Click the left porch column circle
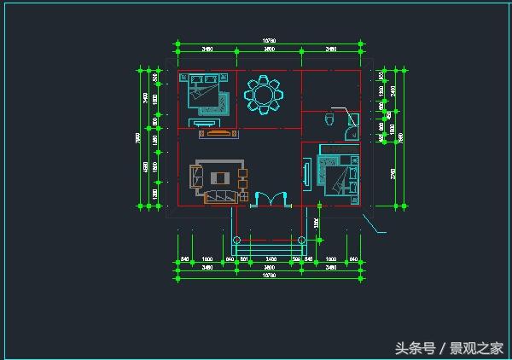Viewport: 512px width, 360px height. (x=236, y=239)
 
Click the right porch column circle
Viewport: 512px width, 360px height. (x=301, y=239)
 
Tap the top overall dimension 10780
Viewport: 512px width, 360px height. (x=269, y=41)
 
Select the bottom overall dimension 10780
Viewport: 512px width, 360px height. (x=269, y=276)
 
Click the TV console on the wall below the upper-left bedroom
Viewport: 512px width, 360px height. (x=217, y=132)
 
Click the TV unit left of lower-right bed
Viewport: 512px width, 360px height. (x=307, y=173)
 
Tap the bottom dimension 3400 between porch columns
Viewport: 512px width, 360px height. (x=270, y=258)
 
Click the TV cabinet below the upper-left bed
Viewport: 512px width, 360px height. (x=217, y=132)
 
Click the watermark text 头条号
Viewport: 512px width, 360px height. (x=415, y=347)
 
